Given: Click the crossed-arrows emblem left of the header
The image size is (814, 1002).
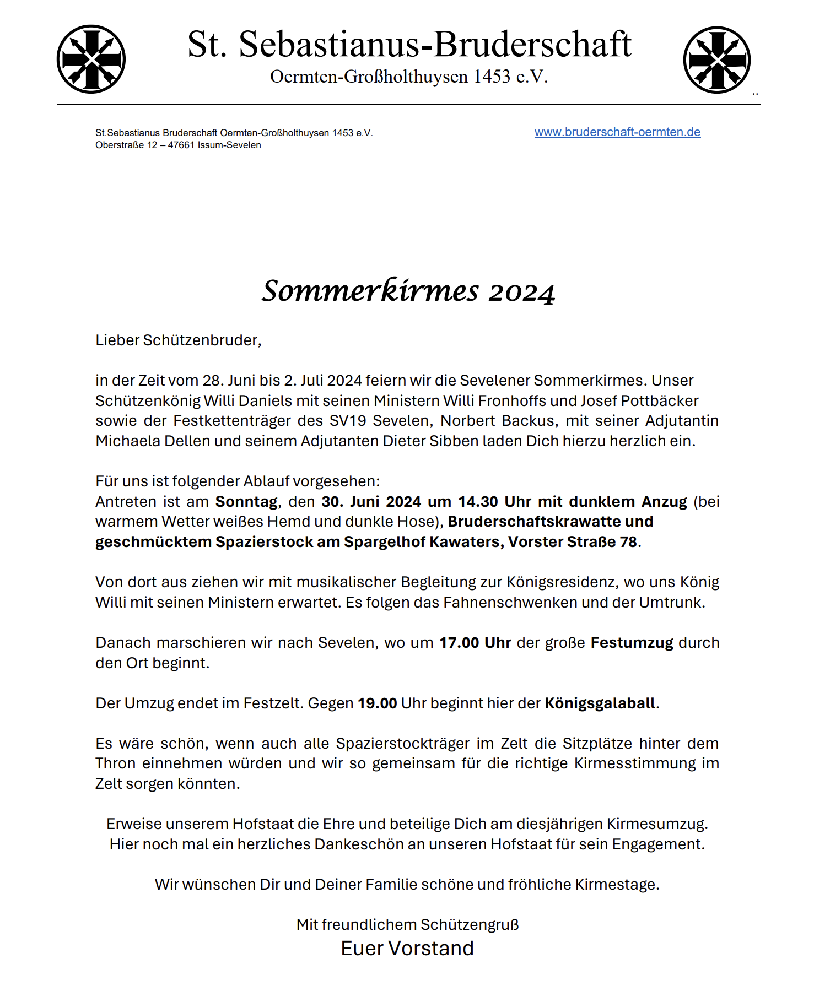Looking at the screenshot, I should (x=91, y=59).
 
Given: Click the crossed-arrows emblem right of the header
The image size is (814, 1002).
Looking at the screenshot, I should (x=716, y=59).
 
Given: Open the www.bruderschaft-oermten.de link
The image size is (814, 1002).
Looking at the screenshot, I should (x=617, y=132).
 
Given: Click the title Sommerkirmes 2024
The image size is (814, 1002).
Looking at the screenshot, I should (x=408, y=291).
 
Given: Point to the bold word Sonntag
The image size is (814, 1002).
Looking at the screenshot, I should (x=246, y=502).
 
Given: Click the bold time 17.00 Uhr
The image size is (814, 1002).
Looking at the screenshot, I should (x=475, y=643).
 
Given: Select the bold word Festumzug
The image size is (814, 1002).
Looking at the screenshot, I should (x=632, y=643).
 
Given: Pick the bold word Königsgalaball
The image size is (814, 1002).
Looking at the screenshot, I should (x=600, y=703).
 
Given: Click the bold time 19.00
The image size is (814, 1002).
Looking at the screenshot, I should (x=377, y=703).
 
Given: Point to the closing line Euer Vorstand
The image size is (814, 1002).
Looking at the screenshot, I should (x=407, y=948).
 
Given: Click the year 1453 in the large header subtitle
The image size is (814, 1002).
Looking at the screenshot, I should (x=492, y=77).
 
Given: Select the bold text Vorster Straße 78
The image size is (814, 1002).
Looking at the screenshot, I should (x=573, y=542).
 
